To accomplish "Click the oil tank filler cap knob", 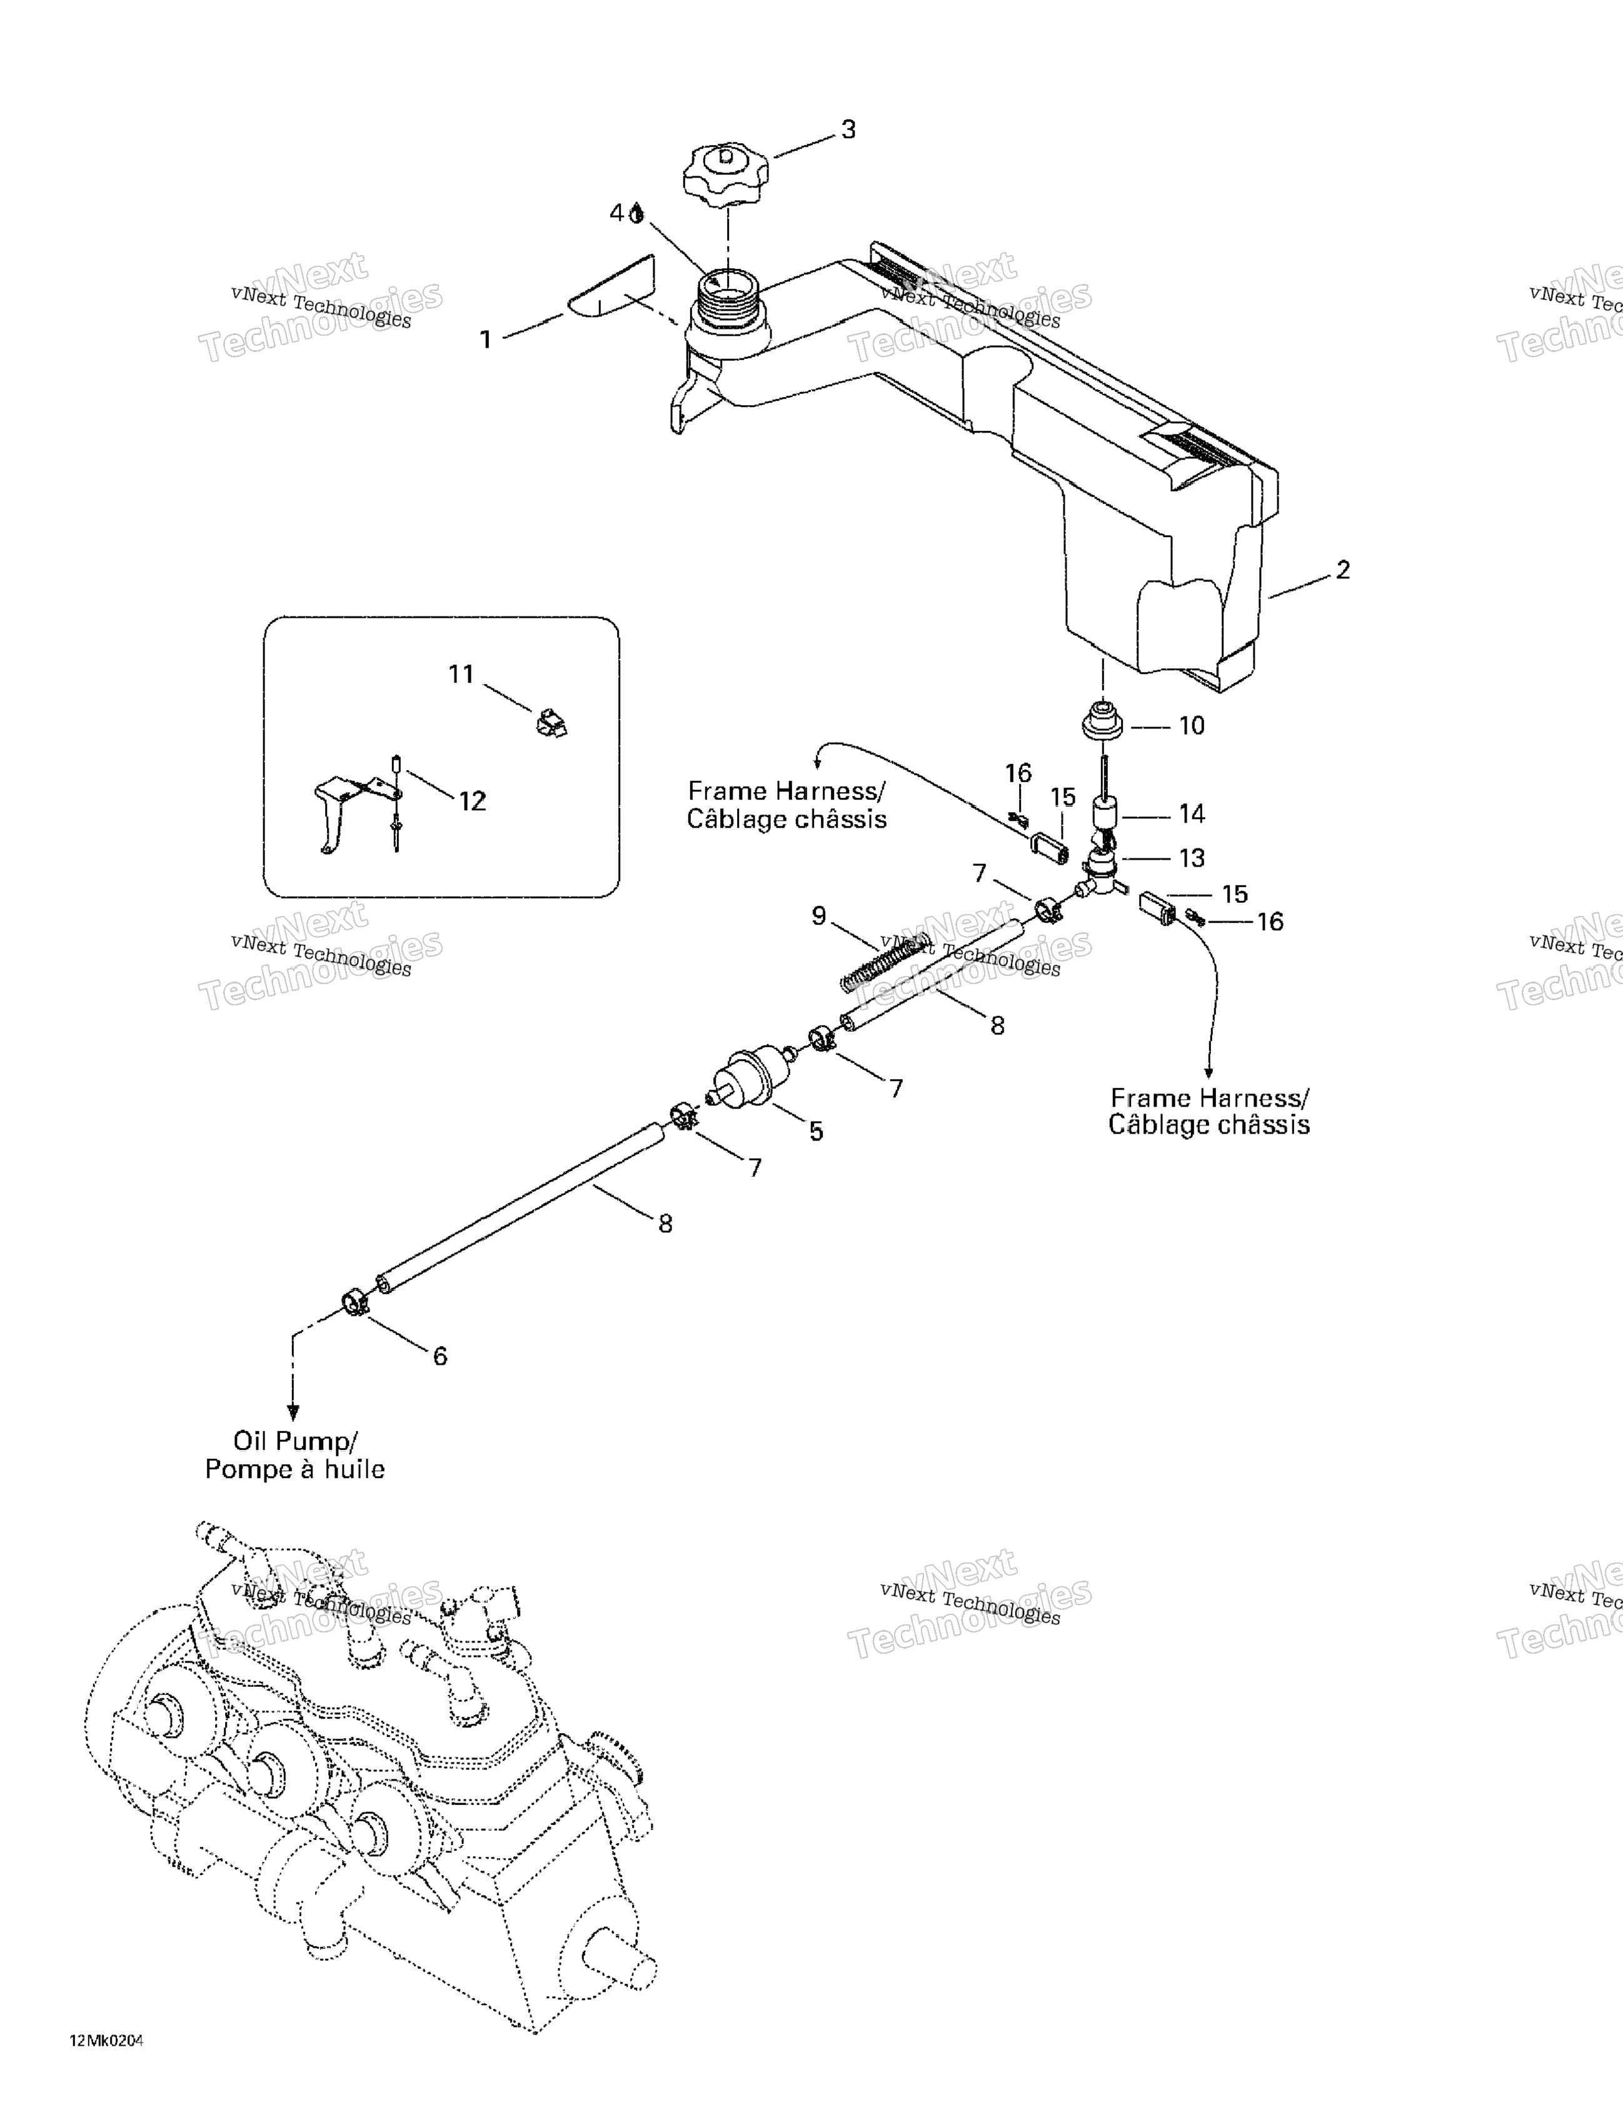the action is [x=726, y=174].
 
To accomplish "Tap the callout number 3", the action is [x=848, y=130].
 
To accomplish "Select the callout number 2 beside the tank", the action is [x=1343, y=570].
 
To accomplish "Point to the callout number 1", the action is [x=486, y=339].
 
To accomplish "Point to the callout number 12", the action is [x=472, y=801].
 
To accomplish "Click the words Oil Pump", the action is [x=294, y=1441].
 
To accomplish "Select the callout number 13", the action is [x=1193, y=858].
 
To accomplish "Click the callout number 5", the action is [x=817, y=1132].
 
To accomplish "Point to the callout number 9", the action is [x=819, y=915].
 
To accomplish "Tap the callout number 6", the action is [x=440, y=1357].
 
